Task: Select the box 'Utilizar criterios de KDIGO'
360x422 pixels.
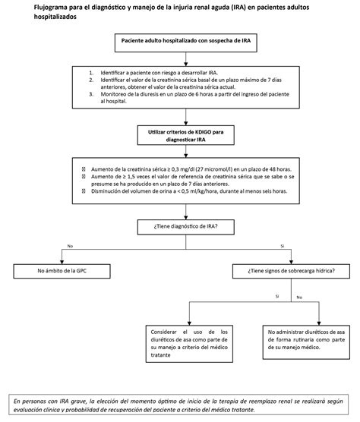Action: click(180, 134)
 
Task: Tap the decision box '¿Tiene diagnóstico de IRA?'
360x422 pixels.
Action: click(180, 225)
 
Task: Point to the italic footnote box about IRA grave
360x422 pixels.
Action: click(180, 404)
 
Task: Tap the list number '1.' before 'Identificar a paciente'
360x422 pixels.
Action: click(92, 73)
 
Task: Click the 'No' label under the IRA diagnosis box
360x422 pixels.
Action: click(71, 246)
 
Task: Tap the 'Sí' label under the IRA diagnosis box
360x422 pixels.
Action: click(282, 246)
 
